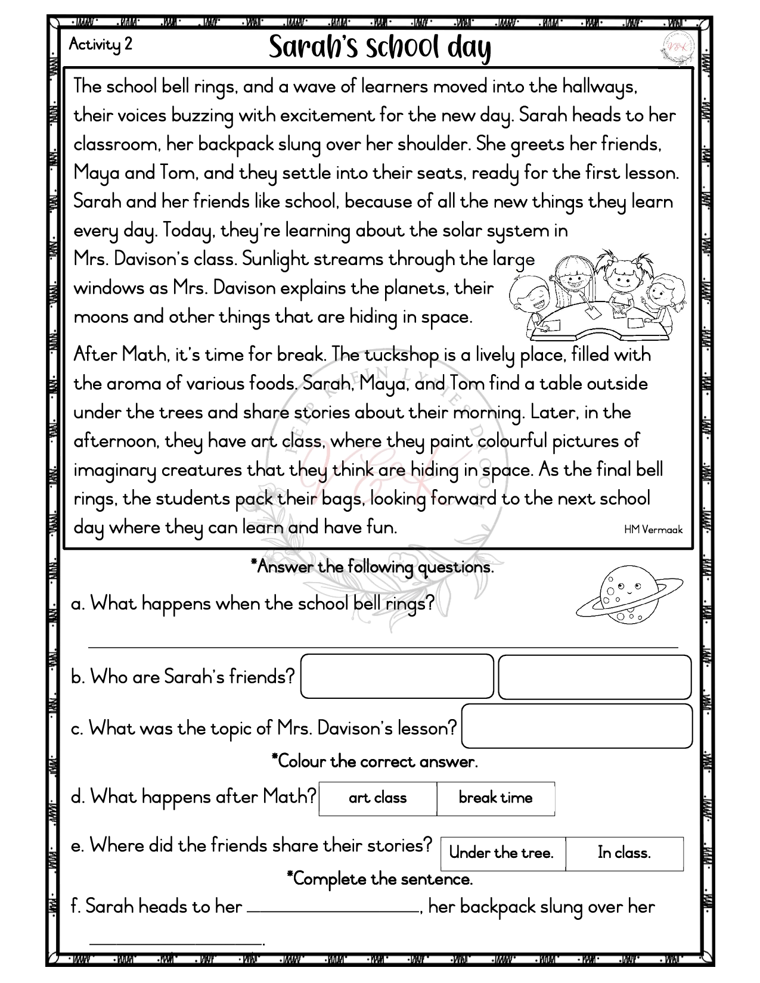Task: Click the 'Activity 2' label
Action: click(100, 45)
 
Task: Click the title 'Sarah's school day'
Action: click(380, 48)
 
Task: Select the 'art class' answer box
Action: click(378, 798)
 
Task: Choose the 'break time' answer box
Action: click(495, 798)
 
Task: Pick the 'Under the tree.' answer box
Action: click(502, 853)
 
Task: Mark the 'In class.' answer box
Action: click(624, 853)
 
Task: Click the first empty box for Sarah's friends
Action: click(397, 676)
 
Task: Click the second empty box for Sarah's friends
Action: click(594, 677)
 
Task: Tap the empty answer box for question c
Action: click(577, 726)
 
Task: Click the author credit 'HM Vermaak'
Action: click(653, 529)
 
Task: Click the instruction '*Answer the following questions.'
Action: click(373, 567)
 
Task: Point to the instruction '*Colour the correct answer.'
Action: click(374, 761)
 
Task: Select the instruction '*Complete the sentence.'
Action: click(380, 879)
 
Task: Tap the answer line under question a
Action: click(383, 646)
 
